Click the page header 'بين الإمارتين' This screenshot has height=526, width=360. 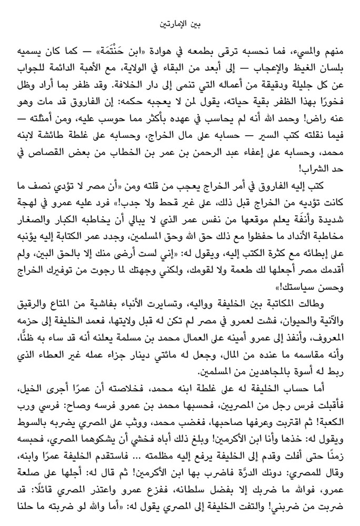click(x=180, y=23)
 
